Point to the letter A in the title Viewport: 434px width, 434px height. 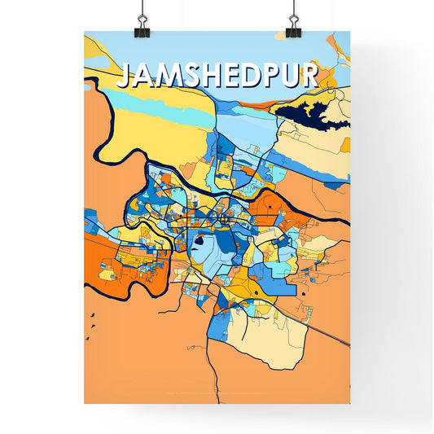coord(143,76)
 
